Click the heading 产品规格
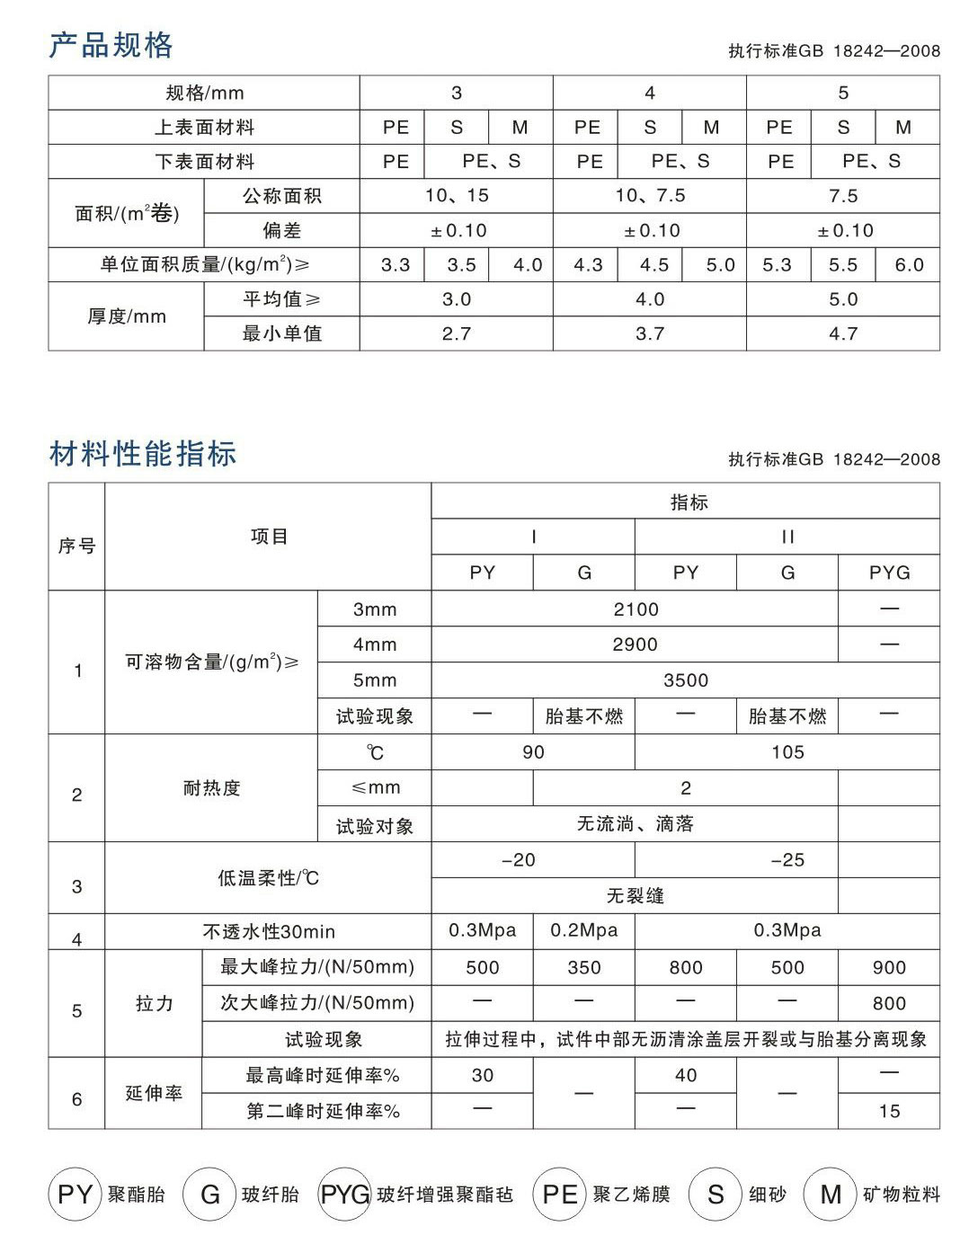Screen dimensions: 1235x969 111,45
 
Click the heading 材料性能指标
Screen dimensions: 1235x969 143,454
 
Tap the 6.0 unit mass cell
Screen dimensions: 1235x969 908,265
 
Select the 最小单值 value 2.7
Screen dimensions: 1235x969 457,333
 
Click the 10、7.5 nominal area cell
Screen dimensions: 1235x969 650,196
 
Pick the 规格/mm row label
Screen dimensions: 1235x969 205,93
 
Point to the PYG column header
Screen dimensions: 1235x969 889,573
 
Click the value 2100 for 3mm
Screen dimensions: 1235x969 636,609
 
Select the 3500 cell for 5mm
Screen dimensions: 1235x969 686,680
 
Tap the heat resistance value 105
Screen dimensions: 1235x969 787,752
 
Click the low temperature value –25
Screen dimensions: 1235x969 787,860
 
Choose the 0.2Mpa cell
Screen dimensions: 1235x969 584,931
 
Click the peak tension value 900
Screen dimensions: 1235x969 889,968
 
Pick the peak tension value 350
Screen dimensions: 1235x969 584,968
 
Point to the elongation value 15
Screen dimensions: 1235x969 889,1112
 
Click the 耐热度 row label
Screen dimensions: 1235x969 211,788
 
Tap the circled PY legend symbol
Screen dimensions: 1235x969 76,1194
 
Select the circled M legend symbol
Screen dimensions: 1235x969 831,1194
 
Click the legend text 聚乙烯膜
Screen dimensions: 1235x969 631,1195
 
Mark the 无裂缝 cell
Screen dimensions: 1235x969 635,896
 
